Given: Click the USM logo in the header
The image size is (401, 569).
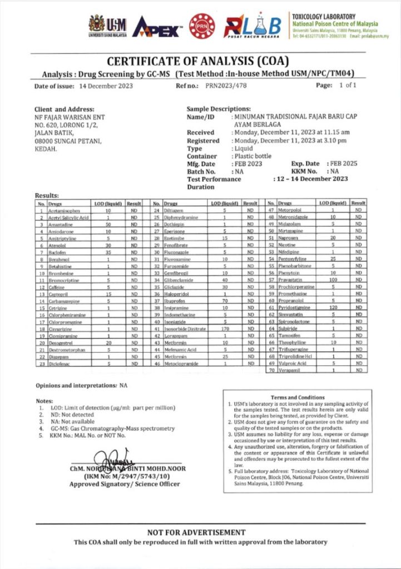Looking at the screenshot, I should (x=108, y=26).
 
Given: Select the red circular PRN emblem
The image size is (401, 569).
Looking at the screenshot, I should (x=202, y=26).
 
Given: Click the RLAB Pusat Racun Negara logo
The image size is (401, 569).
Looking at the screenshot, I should (x=252, y=26).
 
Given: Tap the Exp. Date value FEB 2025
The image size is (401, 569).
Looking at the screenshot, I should (x=340, y=164).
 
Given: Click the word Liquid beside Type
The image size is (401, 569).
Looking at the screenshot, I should (x=243, y=149).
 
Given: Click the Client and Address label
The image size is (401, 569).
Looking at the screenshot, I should (x=64, y=109).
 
